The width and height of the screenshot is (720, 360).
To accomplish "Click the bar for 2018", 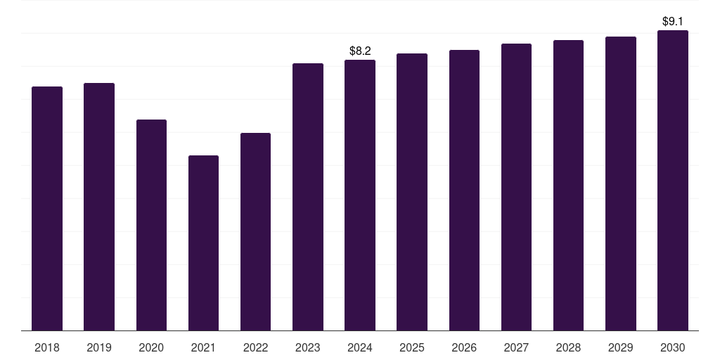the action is (47, 208).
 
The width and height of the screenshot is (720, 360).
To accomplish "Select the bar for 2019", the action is (99, 207).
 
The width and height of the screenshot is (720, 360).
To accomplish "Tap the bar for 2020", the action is (151, 225).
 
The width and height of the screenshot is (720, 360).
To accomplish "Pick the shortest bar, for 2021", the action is (203, 243).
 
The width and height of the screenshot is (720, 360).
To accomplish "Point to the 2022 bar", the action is (255, 232).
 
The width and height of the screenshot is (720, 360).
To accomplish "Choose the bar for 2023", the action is (308, 197).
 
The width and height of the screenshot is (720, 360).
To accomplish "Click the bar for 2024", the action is (360, 195).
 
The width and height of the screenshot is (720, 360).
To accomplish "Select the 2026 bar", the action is (464, 190).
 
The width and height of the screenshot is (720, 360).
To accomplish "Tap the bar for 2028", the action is (568, 186).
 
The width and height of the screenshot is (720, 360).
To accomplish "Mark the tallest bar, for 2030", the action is (673, 181).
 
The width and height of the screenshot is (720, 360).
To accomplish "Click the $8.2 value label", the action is (360, 51).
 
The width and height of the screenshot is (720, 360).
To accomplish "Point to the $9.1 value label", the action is (673, 21).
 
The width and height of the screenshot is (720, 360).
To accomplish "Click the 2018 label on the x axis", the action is (47, 347).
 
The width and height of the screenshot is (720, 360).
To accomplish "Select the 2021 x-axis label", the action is (203, 347).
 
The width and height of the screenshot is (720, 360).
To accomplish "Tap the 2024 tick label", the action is (360, 347).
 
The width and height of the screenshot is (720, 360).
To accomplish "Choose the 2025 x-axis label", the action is (412, 347).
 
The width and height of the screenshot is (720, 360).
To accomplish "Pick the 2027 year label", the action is (516, 347).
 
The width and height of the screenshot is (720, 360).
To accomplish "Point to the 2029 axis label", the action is (620, 347).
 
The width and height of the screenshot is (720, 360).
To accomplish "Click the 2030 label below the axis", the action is (673, 347).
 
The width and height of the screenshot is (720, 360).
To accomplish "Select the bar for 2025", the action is (412, 192).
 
